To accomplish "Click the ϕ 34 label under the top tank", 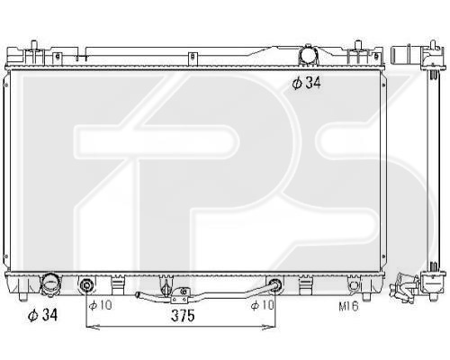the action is pyautogui.click(x=306, y=83).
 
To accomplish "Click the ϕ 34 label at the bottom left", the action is pyautogui.click(x=42, y=315).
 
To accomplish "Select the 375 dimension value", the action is pyautogui.click(x=183, y=316).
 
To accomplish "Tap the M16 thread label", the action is pyautogui.click(x=348, y=306).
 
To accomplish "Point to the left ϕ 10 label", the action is pyautogui.click(x=100, y=305).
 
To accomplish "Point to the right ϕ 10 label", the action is pyautogui.click(x=263, y=305).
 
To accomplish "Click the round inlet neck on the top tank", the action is pyautogui.click(x=308, y=55).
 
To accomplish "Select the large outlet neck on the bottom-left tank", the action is pyautogui.click(x=49, y=283).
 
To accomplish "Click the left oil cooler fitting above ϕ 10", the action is pyautogui.click(x=86, y=284).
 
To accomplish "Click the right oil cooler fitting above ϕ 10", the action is pyautogui.click(x=274, y=284).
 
